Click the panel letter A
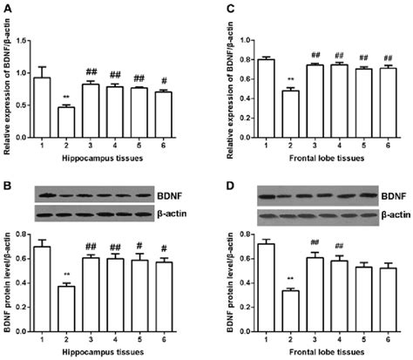7,7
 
